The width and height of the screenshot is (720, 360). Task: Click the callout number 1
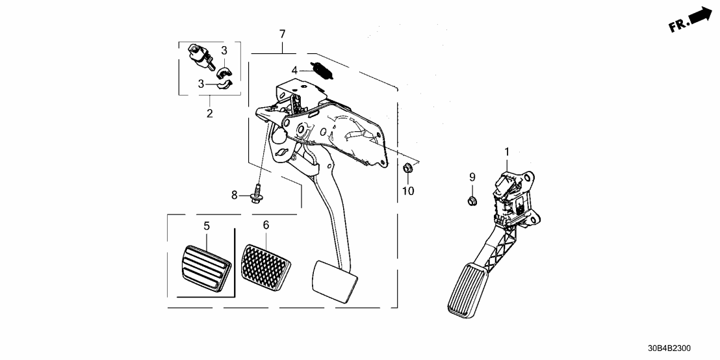click(506, 153)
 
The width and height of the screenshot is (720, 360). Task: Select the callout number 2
click(209, 114)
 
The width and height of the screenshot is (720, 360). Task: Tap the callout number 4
click(294, 70)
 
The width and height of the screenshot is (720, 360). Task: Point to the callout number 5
click(207, 226)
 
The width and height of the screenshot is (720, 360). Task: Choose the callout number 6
click(265, 225)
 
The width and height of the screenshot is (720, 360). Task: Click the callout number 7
click(282, 34)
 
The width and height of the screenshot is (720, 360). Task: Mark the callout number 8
click(235, 194)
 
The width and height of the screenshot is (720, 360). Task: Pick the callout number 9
click(472, 177)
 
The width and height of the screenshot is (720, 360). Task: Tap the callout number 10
click(407, 190)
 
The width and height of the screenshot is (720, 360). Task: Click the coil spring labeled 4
click(321, 69)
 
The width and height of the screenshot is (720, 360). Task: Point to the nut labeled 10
click(406, 169)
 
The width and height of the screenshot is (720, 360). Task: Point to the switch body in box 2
click(200, 56)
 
